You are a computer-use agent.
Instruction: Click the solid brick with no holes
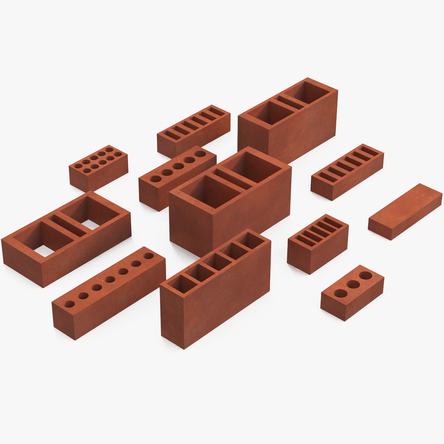405,211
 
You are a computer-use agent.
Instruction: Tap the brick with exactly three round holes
352,292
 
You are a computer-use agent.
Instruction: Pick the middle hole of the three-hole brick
353,284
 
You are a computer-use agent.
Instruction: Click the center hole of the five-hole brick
178,166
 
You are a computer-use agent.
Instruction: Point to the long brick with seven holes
109,292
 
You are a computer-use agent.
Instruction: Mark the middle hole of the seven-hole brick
110,280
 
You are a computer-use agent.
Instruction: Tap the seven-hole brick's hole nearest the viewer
69,304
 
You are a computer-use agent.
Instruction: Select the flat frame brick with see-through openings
66,238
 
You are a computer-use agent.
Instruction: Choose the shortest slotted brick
318,243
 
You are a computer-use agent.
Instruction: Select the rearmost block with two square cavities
288,119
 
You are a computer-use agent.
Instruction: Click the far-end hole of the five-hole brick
200,154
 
